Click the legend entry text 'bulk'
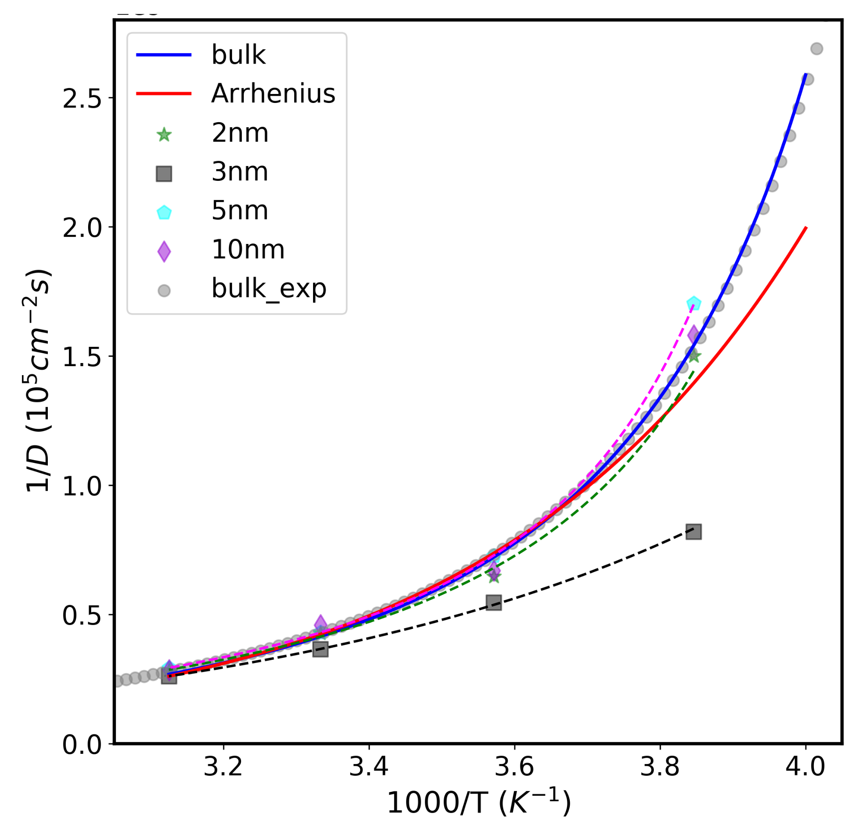[x=238, y=55]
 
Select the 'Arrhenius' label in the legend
[x=273, y=94]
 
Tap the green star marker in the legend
[x=164, y=134]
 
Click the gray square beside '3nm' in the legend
[x=164, y=173]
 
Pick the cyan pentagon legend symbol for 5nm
[x=164, y=213]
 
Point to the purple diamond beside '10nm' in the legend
[x=164, y=251]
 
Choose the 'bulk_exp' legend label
[x=269, y=289]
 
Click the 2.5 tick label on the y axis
[x=83, y=98]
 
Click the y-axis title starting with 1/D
[x=38, y=380]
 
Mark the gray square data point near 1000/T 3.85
[x=694, y=531]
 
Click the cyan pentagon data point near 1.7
[x=694, y=303]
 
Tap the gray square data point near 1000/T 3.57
[x=494, y=603]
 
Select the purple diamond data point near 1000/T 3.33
[x=320, y=624]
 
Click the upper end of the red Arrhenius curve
[x=805, y=228]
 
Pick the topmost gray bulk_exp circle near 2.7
[x=817, y=48]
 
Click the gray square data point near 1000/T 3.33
[x=320, y=649]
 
